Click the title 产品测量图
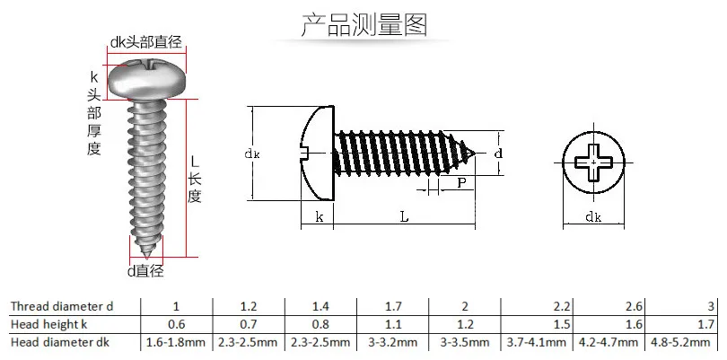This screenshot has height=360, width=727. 364,25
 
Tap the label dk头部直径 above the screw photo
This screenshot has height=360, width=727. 145,42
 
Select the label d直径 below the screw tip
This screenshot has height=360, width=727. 145,270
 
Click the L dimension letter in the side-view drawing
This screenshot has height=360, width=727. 404,216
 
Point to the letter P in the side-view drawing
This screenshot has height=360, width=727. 461,183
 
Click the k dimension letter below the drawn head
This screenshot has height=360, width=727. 320,216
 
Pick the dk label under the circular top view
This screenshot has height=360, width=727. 593,217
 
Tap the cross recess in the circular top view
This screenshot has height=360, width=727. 594,162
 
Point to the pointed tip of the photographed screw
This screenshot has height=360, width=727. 147,256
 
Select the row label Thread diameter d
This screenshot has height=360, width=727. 62,306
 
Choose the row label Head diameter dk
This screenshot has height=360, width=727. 60,343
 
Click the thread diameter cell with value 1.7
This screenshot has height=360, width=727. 393,307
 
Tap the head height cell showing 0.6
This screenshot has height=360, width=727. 176,324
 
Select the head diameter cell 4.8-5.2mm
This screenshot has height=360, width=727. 680,343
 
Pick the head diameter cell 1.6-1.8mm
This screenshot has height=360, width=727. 176,343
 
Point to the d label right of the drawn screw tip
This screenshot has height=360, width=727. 498,154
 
